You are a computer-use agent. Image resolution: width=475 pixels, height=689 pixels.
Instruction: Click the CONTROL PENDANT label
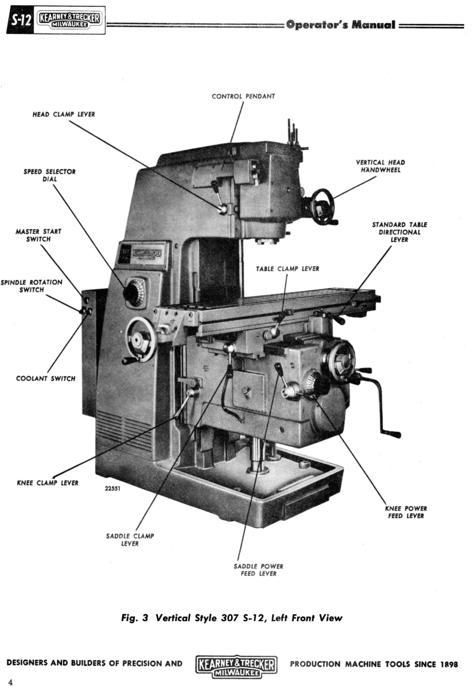click(243, 96)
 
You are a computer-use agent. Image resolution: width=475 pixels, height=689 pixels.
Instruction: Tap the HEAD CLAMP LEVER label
click(63, 114)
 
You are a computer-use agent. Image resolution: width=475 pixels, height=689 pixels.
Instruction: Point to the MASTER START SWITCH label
click(38, 235)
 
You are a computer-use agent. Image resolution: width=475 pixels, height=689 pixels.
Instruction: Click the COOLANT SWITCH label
click(46, 378)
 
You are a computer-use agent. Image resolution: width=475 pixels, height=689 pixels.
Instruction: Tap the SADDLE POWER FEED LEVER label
click(258, 570)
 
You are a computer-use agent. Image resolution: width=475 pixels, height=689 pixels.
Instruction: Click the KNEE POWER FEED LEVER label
click(406, 512)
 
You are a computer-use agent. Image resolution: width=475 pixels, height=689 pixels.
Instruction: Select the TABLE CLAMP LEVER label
click(287, 268)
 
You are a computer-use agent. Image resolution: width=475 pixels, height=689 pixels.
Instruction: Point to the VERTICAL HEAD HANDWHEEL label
click(380, 167)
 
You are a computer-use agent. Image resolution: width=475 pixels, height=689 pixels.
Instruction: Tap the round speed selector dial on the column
click(134, 293)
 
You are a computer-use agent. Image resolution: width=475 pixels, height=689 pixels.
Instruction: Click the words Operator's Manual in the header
click(340, 25)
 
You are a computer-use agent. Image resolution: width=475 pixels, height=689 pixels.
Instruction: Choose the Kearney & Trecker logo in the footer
click(236, 666)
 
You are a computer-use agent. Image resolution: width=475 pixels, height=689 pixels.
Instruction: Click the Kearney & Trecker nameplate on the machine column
click(148, 254)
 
